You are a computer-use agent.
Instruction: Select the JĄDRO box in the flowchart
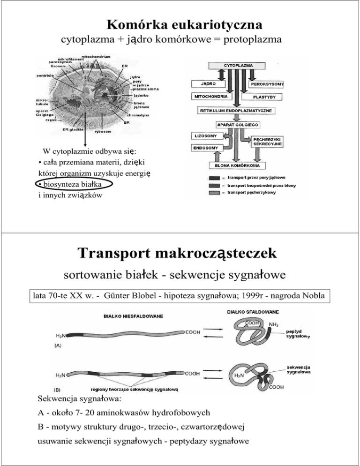(205, 83)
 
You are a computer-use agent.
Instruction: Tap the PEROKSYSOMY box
(267, 83)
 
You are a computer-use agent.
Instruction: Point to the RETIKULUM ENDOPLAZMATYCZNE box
(237, 111)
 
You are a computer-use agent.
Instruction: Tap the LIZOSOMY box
(206, 135)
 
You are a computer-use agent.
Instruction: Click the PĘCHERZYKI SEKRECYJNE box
(267, 142)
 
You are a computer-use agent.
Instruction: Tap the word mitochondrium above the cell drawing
(102, 56)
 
